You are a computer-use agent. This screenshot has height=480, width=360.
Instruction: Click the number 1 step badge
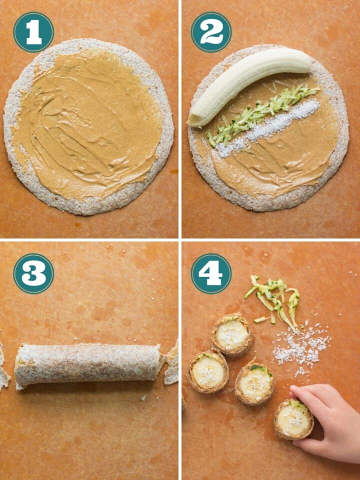point(33,32)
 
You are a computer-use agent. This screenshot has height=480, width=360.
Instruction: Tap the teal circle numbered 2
point(211,32)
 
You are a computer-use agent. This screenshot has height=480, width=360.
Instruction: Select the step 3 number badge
point(33,273)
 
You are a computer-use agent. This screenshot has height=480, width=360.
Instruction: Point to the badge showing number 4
point(211,273)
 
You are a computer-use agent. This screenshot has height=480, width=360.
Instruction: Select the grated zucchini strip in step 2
point(262,112)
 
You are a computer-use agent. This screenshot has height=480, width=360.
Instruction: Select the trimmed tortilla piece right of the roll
point(171,362)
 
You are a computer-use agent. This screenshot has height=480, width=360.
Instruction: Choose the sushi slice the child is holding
point(293,419)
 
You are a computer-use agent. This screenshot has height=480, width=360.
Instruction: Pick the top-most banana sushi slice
point(231,334)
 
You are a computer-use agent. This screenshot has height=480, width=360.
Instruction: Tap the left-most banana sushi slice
point(207,371)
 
